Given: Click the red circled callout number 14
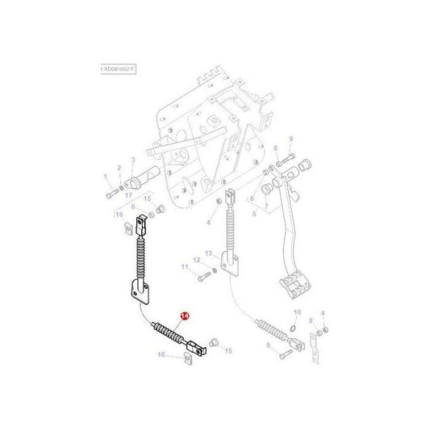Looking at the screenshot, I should pos(184,317).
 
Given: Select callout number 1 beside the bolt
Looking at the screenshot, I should pos(104,177).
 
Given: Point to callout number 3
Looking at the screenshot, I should pos(133,161).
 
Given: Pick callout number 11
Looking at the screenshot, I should pos(184,266).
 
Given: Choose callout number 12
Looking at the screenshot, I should pos(196,259).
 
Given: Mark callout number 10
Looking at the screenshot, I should pos(297,312).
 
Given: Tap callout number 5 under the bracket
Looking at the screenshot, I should pos(254,215).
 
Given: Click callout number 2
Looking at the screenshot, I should pos(119,169).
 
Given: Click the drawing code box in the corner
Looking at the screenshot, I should pos(119,70).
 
